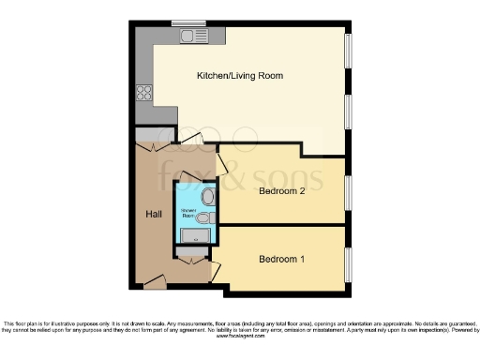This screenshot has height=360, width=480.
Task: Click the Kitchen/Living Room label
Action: (x=239, y=75)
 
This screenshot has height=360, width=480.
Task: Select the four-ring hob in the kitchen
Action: (x=145, y=92)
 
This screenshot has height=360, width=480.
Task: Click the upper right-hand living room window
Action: (x=349, y=58)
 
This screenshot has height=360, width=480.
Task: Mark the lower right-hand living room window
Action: (x=349, y=112)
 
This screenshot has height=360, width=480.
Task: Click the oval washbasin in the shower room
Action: (x=207, y=197)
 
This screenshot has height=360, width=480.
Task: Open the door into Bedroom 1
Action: (x=215, y=270)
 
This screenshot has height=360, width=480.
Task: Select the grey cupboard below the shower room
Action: (x=192, y=250)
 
